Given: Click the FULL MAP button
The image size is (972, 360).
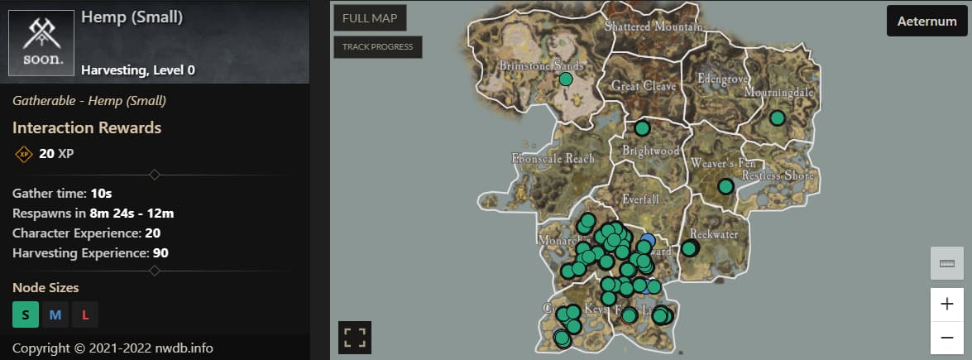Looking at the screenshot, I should pos(370,18).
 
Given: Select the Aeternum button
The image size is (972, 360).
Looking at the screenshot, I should pos(927,22).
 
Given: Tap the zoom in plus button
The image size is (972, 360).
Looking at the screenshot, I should pos(947,304).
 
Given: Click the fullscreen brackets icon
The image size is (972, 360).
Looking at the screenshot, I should pos(355,337).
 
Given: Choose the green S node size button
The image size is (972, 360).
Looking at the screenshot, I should pos(26,314).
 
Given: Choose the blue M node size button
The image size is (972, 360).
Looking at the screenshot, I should pos(55,314).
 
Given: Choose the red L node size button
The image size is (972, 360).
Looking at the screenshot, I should pos(85,314).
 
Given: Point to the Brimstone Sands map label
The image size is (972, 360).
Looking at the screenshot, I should pos(542,65).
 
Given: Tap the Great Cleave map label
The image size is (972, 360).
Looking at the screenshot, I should pos(644,85).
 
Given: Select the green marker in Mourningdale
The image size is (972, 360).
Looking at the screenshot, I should pos(777,118).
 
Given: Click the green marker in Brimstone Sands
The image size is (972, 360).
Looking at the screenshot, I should pos(566,79).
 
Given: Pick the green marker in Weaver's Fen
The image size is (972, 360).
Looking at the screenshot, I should pos(725,187).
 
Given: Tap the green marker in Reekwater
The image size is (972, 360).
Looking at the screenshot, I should pos(689,248).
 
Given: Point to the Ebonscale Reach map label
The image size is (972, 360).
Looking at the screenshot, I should pos(553,158).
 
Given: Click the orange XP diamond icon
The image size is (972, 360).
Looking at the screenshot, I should pos(24,154).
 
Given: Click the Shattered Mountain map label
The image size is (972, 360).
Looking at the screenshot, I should pos(654,26).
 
